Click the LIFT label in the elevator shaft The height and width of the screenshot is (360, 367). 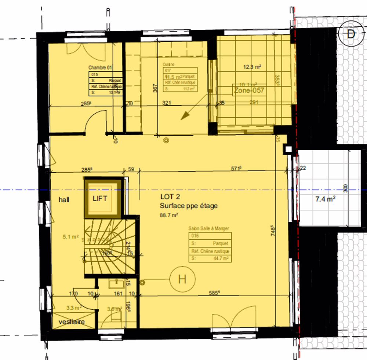click(100, 198)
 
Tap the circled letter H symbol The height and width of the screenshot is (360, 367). click(182, 279)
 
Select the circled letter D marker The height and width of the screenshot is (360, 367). click(351, 35)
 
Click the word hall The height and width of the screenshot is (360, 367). click(64, 200)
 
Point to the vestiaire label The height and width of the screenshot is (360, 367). click(72, 322)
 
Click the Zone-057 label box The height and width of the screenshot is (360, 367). click(249, 90)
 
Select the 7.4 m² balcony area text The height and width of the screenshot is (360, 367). click(325, 199)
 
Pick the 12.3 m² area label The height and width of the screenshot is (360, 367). click(252, 67)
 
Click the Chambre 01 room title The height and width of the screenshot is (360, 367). click(100, 67)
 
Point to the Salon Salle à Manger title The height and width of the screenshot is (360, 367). click(208, 228)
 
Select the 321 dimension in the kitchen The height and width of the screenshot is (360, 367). click(167, 103)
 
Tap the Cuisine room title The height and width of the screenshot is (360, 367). click(169, 64)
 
